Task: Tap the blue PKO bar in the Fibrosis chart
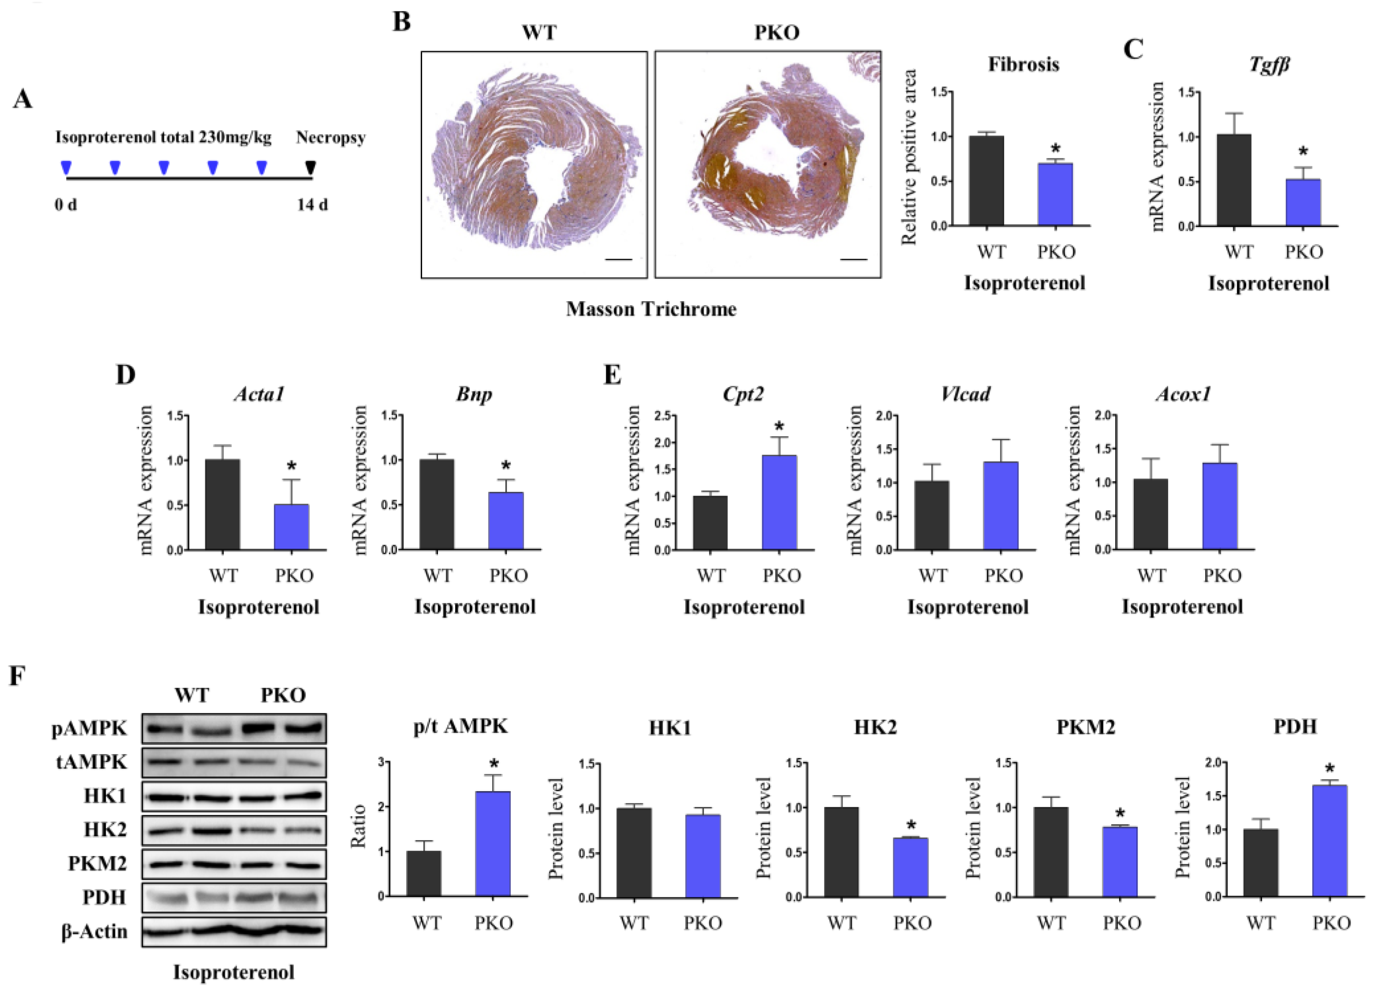(1055, 194)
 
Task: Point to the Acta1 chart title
(259, 394)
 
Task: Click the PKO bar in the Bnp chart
(506, 521)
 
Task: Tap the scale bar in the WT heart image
(618, 260)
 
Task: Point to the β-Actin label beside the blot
(95, 931)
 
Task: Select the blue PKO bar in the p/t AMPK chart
(493, 844)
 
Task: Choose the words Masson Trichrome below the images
(651, 310)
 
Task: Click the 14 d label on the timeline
(312, 205)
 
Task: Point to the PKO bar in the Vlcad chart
(1001, 505)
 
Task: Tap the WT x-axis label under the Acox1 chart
(1151, 575)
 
